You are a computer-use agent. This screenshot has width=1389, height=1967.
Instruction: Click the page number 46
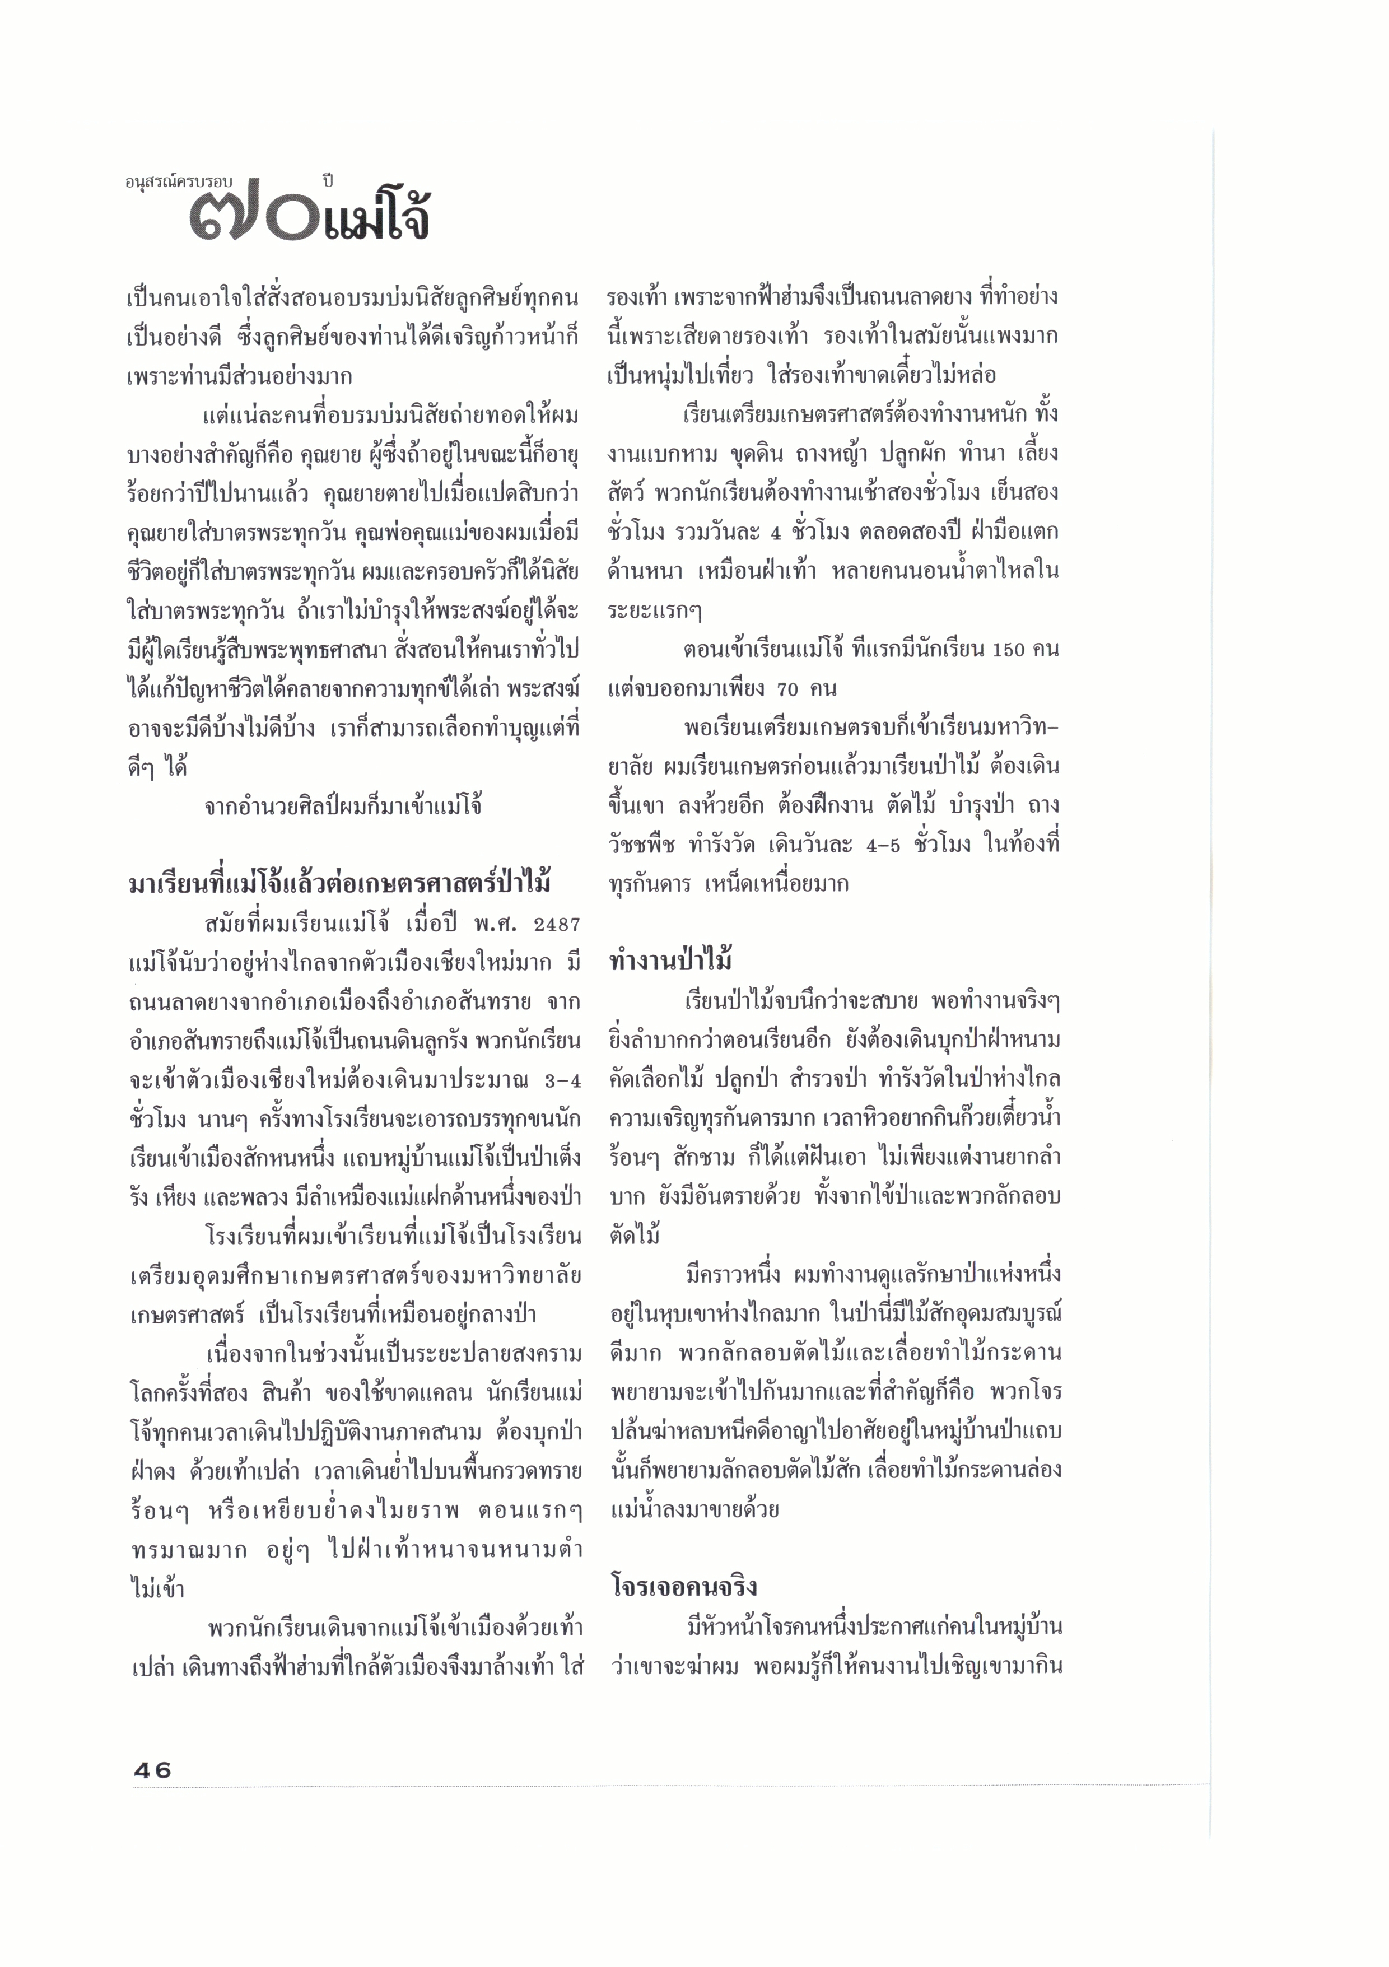(152, 1770)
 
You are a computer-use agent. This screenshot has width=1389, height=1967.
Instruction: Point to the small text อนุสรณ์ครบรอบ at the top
(178, 181)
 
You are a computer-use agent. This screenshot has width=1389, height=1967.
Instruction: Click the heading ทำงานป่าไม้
(670, 961)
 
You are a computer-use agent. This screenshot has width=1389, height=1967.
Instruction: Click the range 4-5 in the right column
(883, 845)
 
